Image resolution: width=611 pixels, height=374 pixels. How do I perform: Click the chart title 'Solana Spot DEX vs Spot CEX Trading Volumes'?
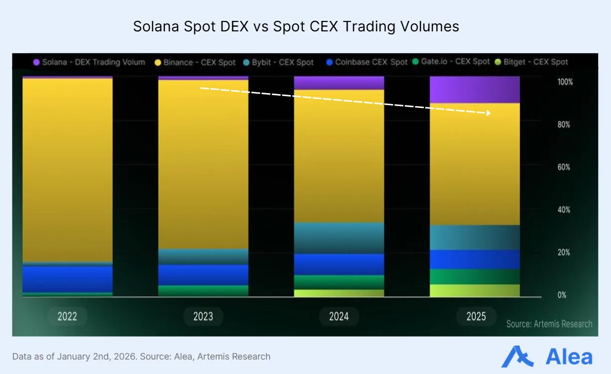[x=296, y=26]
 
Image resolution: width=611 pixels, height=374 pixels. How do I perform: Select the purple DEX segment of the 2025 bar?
[x=475, y=90]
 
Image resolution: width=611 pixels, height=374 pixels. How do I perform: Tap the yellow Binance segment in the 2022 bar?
[x=67, y=169]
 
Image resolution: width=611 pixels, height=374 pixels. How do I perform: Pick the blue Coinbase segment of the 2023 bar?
[x=203, y=274]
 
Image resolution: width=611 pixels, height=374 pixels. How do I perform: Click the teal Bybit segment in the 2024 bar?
[x=339, y=238]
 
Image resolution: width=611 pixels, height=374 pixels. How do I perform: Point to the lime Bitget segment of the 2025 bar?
[x=475, y=290]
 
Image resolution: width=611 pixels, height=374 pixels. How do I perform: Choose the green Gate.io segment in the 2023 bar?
[x=203, y=290]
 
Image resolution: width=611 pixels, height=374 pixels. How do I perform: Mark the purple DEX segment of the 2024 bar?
[x=339, y=83]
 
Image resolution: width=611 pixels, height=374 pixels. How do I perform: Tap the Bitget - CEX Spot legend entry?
[x=532, y=62]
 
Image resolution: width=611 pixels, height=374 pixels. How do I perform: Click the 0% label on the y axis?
[x=562, y=295]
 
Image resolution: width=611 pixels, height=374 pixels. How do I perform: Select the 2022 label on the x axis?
[x=67, y=316]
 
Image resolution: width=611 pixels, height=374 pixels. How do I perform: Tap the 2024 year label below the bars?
[x=339, y=316]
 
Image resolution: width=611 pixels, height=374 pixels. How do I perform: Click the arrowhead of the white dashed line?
[x=489, y=113]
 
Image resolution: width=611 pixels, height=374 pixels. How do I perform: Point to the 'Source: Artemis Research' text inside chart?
[x=549, y=324]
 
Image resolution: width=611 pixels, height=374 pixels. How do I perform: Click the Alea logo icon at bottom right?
[x=517, y=357]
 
